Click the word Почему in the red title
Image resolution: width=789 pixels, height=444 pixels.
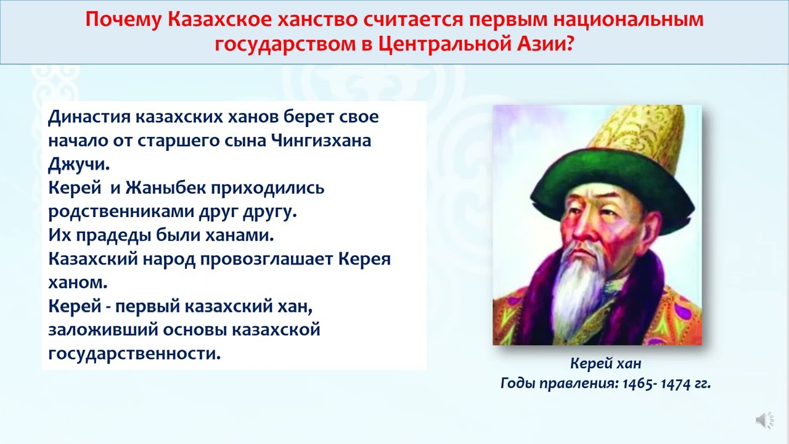tap(123, 20)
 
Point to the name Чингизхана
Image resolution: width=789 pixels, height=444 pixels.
tap(321, 141)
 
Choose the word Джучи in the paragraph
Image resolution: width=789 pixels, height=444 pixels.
tap(79, 165)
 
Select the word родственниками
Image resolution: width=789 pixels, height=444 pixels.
tap(121, 212)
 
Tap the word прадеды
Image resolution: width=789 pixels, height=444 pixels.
tap(114, 236)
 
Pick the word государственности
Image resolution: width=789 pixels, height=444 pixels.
tap(134, 354)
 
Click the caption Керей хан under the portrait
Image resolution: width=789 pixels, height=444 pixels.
tap(605, 363)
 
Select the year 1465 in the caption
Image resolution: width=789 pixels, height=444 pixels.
tap(637, 384)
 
